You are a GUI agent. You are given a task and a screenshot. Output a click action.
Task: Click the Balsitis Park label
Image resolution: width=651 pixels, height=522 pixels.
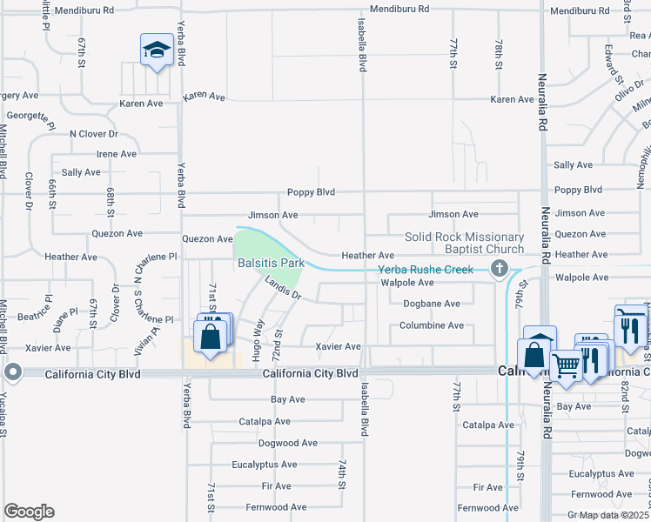(270, 262)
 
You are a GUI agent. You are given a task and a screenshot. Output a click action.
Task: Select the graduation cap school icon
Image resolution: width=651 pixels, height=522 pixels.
(157, 50)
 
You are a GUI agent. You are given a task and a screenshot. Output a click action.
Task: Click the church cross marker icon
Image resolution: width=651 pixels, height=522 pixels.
(500, 269)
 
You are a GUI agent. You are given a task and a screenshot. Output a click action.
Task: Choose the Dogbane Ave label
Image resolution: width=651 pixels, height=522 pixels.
(431, 304)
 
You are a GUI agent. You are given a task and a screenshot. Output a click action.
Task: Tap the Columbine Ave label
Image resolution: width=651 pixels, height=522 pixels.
(431, 325)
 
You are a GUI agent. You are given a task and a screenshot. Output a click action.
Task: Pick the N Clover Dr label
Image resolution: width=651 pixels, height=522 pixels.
(93, 134)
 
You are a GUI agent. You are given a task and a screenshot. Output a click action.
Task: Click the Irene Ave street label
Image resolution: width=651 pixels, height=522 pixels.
(117, 154)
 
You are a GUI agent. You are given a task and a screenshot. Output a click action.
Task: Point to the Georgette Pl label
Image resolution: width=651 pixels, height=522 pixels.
(30, 115)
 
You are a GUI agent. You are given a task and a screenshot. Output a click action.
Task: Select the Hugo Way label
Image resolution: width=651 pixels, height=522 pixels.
(258, 339)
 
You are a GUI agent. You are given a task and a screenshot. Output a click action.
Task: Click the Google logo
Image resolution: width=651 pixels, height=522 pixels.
(29, 512)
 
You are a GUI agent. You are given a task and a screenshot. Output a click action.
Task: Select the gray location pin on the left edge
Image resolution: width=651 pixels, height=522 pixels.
(12, 372)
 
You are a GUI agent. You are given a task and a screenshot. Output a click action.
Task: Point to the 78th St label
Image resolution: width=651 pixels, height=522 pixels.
(498, 54)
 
